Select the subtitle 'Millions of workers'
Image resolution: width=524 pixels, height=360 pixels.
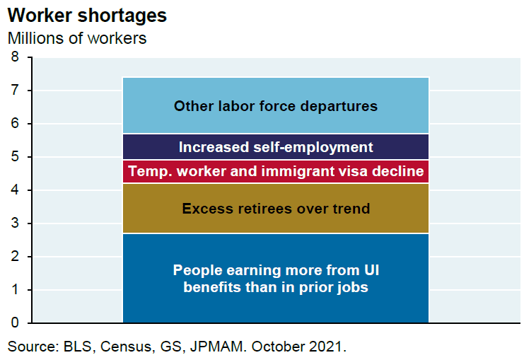click(x=77, y=38)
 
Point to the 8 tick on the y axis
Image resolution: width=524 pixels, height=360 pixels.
click(x=15, y=57)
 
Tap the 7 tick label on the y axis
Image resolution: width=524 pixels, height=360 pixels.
click(x=15, y=91)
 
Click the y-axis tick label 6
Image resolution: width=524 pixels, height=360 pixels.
click(x=15, y=124)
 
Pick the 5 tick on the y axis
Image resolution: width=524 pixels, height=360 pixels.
click(x=15, y=157)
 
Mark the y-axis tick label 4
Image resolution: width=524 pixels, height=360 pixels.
click(x=15, y=190)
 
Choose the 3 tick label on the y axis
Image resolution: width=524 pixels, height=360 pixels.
click(x=15, y=223)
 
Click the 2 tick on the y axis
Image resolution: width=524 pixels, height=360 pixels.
click(x=15, y=257)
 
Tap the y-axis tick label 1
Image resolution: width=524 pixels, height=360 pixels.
click(x=15, y=290)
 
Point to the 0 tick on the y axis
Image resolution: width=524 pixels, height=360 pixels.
click(x=15, y=323)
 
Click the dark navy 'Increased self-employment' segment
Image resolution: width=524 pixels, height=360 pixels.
click(x=276, y=147)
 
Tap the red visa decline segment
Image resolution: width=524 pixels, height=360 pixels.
click(x=276, y=171)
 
